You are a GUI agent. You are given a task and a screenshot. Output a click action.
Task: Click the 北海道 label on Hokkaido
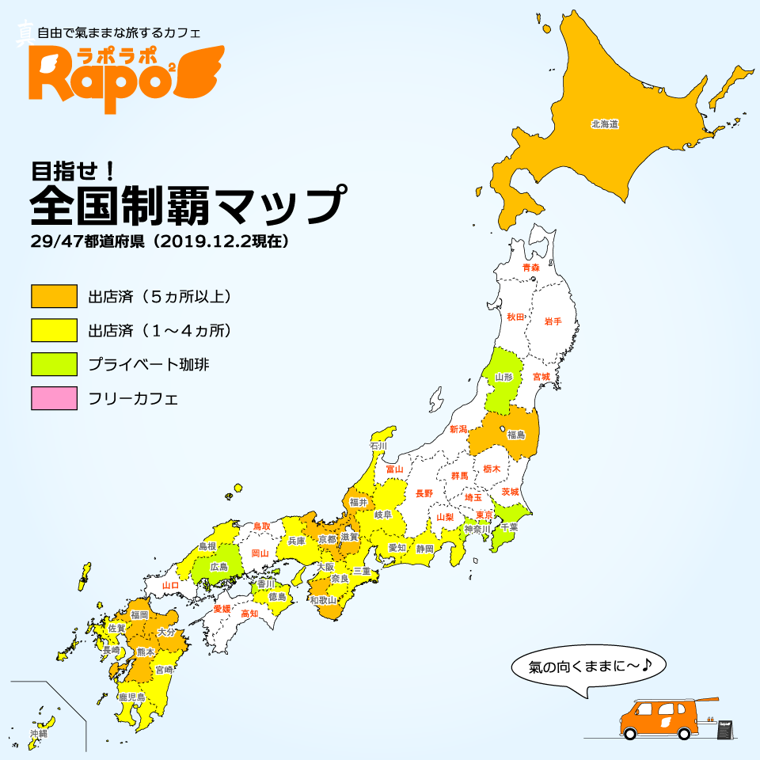(604, 124)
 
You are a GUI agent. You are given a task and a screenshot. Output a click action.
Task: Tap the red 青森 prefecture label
(530, 268)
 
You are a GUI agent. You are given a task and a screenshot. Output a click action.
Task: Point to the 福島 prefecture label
(516, 435)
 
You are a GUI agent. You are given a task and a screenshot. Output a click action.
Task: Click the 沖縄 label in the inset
(39, 735)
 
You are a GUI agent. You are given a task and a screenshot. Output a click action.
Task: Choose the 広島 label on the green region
(218, 567)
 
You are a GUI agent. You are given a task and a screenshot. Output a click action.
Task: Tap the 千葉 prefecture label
(509, 526)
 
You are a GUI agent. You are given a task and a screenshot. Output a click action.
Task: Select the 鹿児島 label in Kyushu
(131, 697)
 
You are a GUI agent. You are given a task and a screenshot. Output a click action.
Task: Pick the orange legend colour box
(54, 296)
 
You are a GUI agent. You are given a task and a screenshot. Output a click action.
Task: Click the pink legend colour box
(54, 398)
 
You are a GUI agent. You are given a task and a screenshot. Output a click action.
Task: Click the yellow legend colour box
(54, 330)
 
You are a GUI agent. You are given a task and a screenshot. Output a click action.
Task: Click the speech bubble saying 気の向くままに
(584, 667)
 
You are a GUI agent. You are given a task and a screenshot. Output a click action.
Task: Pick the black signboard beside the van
(724, 730)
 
